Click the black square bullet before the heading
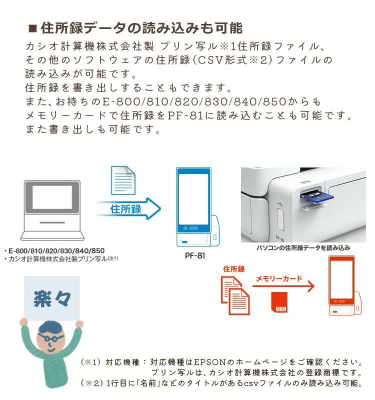(x=32, y=27)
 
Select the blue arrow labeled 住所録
(x=128, y=208)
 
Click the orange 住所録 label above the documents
(x=234, y=269)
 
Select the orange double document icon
(x=235, y=296)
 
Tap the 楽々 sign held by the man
(x=52, y=298)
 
